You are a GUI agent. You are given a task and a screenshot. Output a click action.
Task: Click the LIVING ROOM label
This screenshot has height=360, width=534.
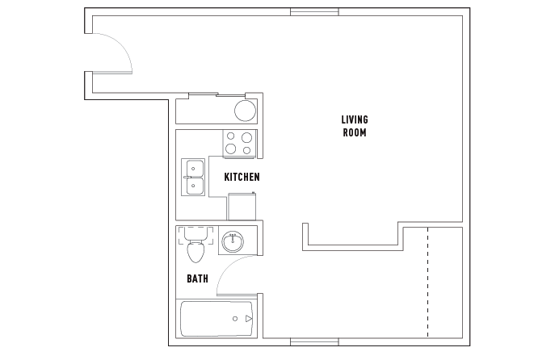pos(355,126)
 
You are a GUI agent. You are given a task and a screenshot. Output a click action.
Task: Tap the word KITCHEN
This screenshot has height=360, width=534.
pos(242,177)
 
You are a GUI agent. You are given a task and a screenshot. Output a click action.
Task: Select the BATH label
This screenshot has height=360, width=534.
pos(198,278)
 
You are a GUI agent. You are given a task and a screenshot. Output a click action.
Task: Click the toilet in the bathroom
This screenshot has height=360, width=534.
pos(196,245)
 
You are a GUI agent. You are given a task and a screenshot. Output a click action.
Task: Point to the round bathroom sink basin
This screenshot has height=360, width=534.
pos(233,241)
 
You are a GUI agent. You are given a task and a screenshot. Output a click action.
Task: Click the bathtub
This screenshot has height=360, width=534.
pos(217,319)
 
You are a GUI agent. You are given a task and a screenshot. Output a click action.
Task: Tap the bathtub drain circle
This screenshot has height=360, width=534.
pos(235,319)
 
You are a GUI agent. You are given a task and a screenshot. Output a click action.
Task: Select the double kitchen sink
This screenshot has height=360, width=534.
pos(193,177)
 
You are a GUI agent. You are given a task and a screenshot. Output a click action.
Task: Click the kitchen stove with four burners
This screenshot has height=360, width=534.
pos(239,144)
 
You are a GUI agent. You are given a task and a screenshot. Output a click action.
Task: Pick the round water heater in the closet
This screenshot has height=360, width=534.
pos(246,111)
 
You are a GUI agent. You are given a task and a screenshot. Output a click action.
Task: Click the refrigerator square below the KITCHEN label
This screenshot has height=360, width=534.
pos(242,206)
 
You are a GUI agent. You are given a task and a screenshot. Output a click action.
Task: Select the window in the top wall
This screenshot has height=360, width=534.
pos(314,12)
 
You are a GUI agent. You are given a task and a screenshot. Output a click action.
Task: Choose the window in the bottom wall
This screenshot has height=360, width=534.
pos(314,341)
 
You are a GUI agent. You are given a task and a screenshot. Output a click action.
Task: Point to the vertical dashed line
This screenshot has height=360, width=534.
pos(427,283)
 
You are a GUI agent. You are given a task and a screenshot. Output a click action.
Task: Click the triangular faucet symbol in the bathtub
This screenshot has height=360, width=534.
pos(249,319)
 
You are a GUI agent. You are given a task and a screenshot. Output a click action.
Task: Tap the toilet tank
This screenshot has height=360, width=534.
pos(196,233)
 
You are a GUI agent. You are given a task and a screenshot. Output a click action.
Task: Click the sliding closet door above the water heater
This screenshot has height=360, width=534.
pos(217,94)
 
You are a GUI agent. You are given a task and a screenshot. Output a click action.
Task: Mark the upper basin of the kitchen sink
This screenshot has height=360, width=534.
pos(195,168)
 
